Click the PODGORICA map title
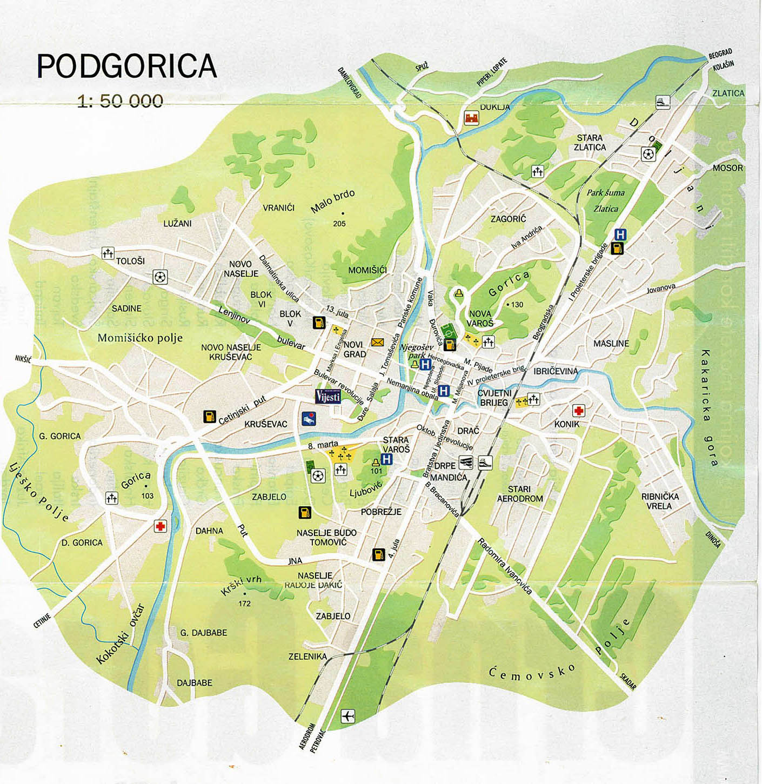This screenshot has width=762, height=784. pos(126,66)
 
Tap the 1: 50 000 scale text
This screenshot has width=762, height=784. pos(120,101)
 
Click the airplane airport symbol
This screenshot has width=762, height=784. pos(348,716)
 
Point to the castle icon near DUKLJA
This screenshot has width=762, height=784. pos(471,118)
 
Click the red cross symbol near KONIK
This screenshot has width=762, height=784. pos(578,411)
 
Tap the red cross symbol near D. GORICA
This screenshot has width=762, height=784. pos(160,526)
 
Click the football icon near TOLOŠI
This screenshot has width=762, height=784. pos(160,277)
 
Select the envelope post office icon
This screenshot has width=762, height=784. pos(377,343)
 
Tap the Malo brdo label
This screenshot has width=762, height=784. pos(333,202)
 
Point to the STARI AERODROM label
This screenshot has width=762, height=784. pos(520,494)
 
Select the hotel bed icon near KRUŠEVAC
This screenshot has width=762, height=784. pos(308,418)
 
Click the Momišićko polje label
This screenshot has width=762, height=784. pos(140,338)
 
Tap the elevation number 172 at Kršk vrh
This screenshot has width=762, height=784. pos(244,604)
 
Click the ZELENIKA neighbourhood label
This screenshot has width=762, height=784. pos(308,656)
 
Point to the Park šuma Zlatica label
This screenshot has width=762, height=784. pos(606,200)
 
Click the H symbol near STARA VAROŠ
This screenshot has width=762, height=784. pos(386,459)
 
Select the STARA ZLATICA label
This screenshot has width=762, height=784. pos(590,143)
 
